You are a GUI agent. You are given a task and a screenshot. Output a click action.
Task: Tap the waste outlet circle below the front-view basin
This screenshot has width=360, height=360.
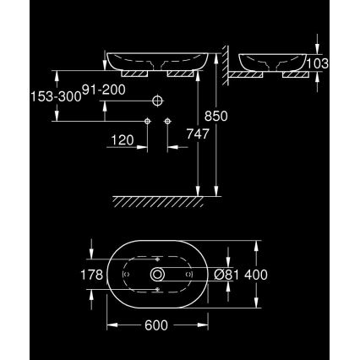tap(158, 101)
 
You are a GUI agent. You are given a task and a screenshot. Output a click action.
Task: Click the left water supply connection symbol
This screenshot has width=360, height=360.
tap(148, 122)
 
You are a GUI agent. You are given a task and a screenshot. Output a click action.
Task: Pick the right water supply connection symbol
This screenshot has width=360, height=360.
tap(168, 122)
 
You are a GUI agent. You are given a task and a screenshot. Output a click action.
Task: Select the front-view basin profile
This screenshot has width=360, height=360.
tap(158, 62)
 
